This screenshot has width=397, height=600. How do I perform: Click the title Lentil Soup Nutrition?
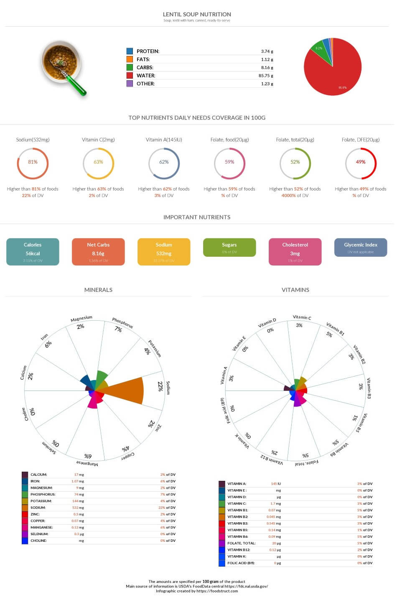[x=197, y=14]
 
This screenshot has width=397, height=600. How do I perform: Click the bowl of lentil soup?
[x=61, y=61]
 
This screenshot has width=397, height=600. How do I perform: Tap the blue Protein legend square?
[x=130, y=51]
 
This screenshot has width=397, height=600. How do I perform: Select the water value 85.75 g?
[x=266, y=76]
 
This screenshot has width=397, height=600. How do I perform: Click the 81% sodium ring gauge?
[x=33, y=163]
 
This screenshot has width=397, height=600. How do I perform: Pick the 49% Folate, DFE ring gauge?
[x=361, y=163]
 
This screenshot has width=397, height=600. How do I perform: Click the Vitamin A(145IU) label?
[x=164, y=140]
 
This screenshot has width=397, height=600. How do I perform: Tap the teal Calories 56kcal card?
[x=33, y=252]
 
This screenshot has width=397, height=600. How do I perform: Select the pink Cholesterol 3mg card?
[x=295, y=252]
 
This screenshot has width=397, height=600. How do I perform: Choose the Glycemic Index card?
[x=361, y=248]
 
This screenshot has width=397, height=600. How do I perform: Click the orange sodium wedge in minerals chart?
[x=125, y=391]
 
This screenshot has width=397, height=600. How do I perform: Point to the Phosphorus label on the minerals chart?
[x=122, y=323]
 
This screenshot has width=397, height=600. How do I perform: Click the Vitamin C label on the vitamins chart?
[x=302, y=317]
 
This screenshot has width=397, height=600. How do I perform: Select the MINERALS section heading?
[x=98, y=290]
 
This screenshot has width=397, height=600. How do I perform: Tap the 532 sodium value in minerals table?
[x=75, y=508]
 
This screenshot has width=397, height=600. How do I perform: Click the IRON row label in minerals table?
[x=36, y=481]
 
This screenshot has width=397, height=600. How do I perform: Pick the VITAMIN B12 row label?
[x=239, y=550]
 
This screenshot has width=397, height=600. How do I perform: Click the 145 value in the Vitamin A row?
[x=274, y=484]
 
